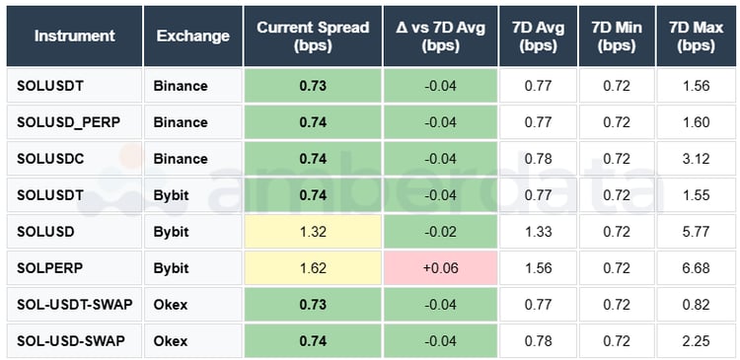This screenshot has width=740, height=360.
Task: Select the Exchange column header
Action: click(x=192, y=36)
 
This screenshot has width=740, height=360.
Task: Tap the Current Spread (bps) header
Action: click(x=313, y=36)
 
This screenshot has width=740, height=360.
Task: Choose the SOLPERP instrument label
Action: click(x=48, y=267)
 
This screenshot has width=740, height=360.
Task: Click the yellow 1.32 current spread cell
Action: click(x=313, y=231)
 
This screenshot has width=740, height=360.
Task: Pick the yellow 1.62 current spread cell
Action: click(x=313, y=267)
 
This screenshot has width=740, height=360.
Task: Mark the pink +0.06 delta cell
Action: click(x=439, y=267)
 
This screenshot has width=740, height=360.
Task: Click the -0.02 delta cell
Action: click(x=439, y=231)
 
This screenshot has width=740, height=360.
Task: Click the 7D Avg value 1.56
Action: click(x=538, y=267)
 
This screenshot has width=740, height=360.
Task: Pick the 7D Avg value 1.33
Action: click(x=538, y=231)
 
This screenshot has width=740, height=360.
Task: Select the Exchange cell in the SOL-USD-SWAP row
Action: click(x=192, y=340)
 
